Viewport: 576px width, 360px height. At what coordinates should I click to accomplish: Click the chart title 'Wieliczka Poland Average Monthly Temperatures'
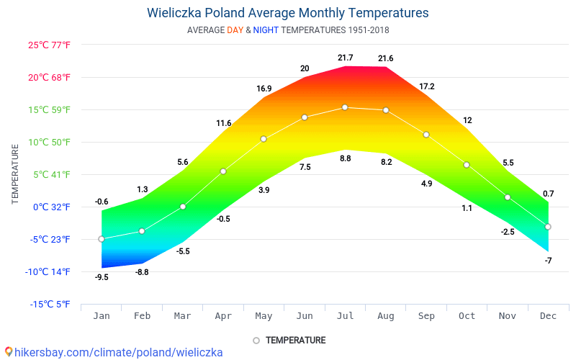(287, 13)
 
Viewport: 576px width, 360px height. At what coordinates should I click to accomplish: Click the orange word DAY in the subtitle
(235, 30)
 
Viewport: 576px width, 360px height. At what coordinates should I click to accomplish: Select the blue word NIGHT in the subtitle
(266, 30)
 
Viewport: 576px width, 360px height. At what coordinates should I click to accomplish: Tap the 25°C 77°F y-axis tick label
(49, 45)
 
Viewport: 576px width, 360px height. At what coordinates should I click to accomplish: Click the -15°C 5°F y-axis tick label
(50, 304)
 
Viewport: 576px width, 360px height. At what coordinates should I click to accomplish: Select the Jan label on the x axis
(102, 315)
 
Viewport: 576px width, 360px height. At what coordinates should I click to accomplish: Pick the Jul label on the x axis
(345, 315)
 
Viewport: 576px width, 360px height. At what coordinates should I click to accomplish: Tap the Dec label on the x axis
(548, 315)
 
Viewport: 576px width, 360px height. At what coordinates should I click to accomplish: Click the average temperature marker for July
(345, 107)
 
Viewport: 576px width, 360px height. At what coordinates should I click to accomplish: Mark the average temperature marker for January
(102, 239)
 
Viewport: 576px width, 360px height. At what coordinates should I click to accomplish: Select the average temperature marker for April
(223, 171)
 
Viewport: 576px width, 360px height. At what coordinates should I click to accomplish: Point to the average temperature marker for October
(467, 165)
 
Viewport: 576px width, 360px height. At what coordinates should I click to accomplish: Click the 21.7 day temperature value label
(345, 58)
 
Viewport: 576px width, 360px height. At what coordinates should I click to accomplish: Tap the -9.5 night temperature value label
(102, 277)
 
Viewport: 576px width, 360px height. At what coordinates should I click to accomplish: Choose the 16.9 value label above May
(264, 89)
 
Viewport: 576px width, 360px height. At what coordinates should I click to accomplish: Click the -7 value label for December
(548, 261)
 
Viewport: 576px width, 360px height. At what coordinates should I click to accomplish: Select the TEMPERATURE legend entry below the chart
(295, 340)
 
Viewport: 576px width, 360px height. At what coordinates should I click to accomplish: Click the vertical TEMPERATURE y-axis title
(15, 174)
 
